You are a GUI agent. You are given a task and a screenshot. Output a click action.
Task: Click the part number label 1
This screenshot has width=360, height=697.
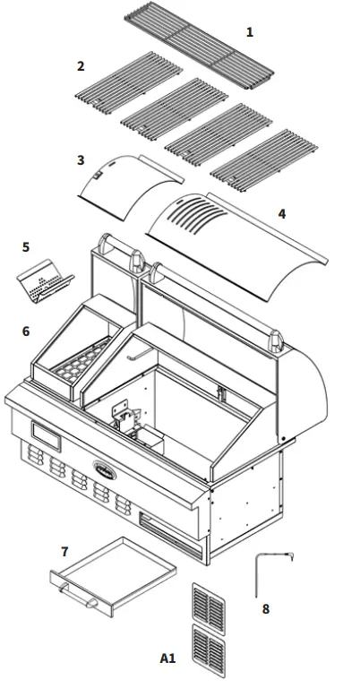tap(250, 32)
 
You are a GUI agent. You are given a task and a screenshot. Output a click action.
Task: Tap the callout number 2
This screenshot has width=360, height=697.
tap(81, 66)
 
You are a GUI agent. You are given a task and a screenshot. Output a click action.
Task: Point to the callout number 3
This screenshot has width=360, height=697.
tap(81, 160)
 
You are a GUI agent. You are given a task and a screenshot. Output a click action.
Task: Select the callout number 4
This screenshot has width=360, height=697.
tap(282, 213)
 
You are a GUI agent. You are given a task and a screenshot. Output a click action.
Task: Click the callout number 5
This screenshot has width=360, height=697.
tap(26, 246)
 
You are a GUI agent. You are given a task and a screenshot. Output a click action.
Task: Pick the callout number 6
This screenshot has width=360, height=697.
tap(26, 331)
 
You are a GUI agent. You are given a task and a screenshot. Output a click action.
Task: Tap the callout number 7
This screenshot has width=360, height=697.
tap(64, 552)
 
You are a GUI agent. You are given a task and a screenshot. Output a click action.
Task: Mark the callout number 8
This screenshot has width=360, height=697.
tap(265, 608)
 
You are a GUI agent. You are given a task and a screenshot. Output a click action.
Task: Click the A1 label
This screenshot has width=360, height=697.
tap(167, 658)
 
